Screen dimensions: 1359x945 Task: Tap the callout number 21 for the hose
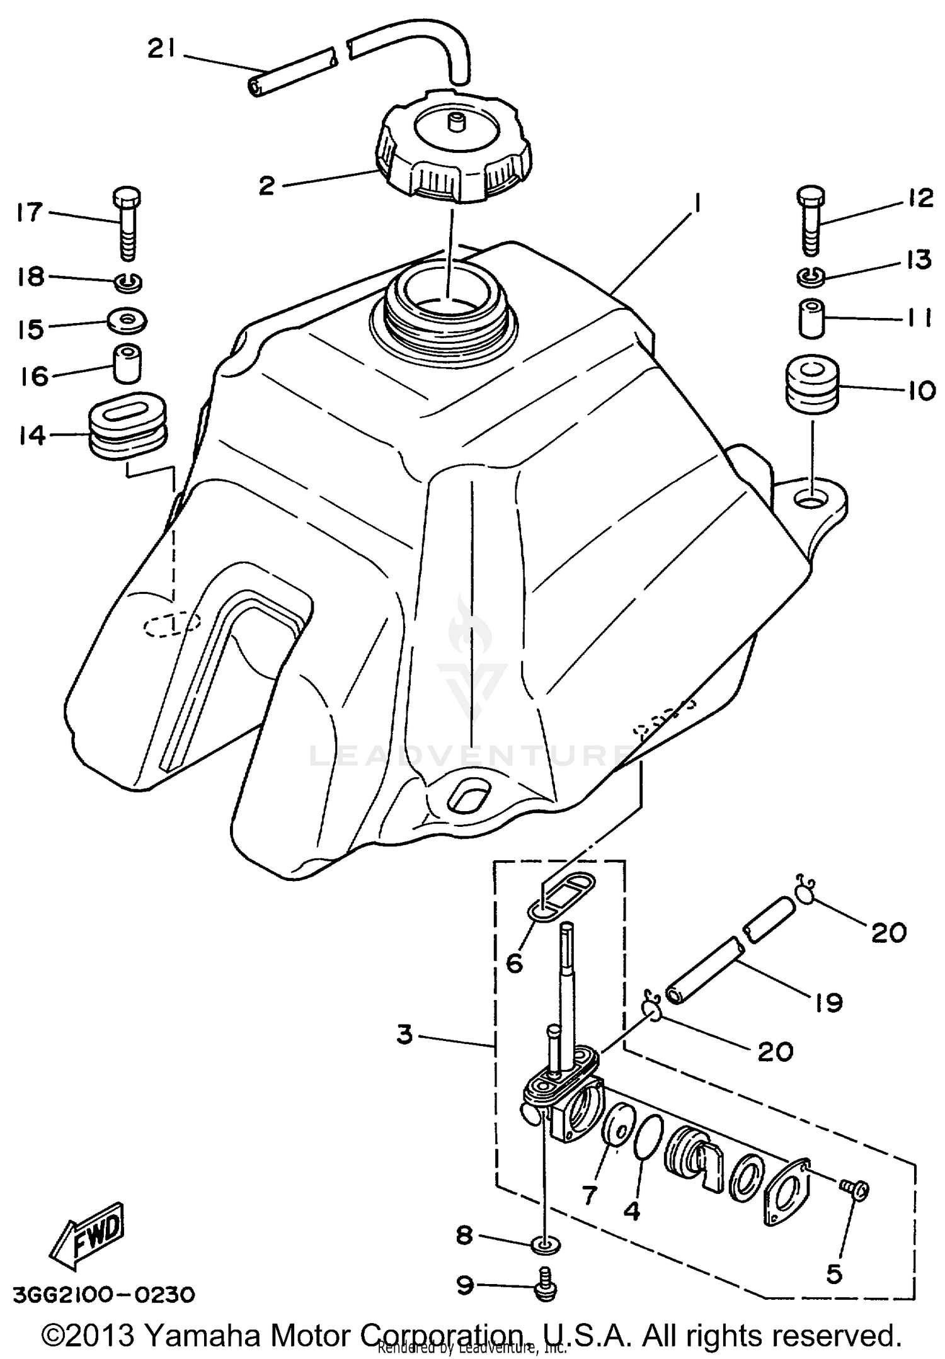(161, 49)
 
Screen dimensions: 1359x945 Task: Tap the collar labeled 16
(127, 363)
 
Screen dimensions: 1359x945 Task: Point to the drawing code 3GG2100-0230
(104, 1295)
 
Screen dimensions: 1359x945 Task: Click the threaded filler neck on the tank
(445, 315)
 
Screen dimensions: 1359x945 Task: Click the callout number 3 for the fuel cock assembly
(404, 1034)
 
